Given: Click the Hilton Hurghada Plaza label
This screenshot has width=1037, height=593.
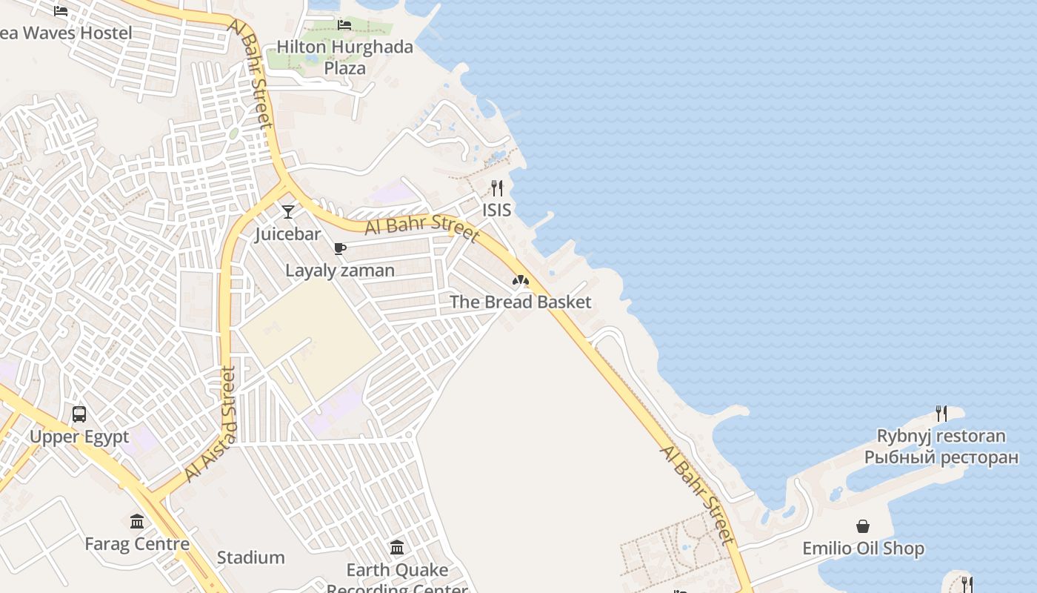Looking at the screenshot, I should tap(345, 57).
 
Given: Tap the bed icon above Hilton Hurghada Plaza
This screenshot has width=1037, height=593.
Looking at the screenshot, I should tap(344, 24).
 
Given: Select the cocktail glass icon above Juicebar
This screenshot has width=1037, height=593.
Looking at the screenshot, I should tap(288, 211).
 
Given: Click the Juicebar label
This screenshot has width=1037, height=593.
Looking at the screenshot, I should tap(288, 234).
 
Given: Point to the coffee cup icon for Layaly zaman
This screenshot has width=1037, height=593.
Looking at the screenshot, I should tap(340, 248).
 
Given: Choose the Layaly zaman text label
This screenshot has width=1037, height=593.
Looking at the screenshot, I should tap(340, 271).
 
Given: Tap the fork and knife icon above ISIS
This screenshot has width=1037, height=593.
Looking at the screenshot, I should tap(497, 188).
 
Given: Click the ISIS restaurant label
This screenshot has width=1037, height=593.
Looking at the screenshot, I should tap(497, 210).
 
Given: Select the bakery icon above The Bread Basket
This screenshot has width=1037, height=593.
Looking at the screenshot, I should tap(521, 280).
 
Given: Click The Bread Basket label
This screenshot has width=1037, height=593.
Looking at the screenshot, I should tap(521, 302).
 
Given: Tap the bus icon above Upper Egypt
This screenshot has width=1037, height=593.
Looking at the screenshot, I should tap(79, 414).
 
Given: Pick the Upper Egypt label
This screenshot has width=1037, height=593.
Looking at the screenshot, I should tap(79, 437).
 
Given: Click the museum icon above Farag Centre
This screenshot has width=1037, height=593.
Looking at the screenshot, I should tap(137, 522).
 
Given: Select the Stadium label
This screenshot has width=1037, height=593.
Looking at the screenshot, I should tap(250, 557).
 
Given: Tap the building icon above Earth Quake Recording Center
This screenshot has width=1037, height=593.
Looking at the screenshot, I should tap(397, 548).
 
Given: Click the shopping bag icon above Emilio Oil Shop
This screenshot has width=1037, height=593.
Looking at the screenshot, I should tap(863, 526).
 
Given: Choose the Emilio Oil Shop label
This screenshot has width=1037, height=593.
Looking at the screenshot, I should tap(864, 549).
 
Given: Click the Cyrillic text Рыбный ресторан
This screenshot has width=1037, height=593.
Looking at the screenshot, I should tap(941, 457).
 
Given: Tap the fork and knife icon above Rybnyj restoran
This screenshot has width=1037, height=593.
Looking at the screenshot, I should tap(941, 413).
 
